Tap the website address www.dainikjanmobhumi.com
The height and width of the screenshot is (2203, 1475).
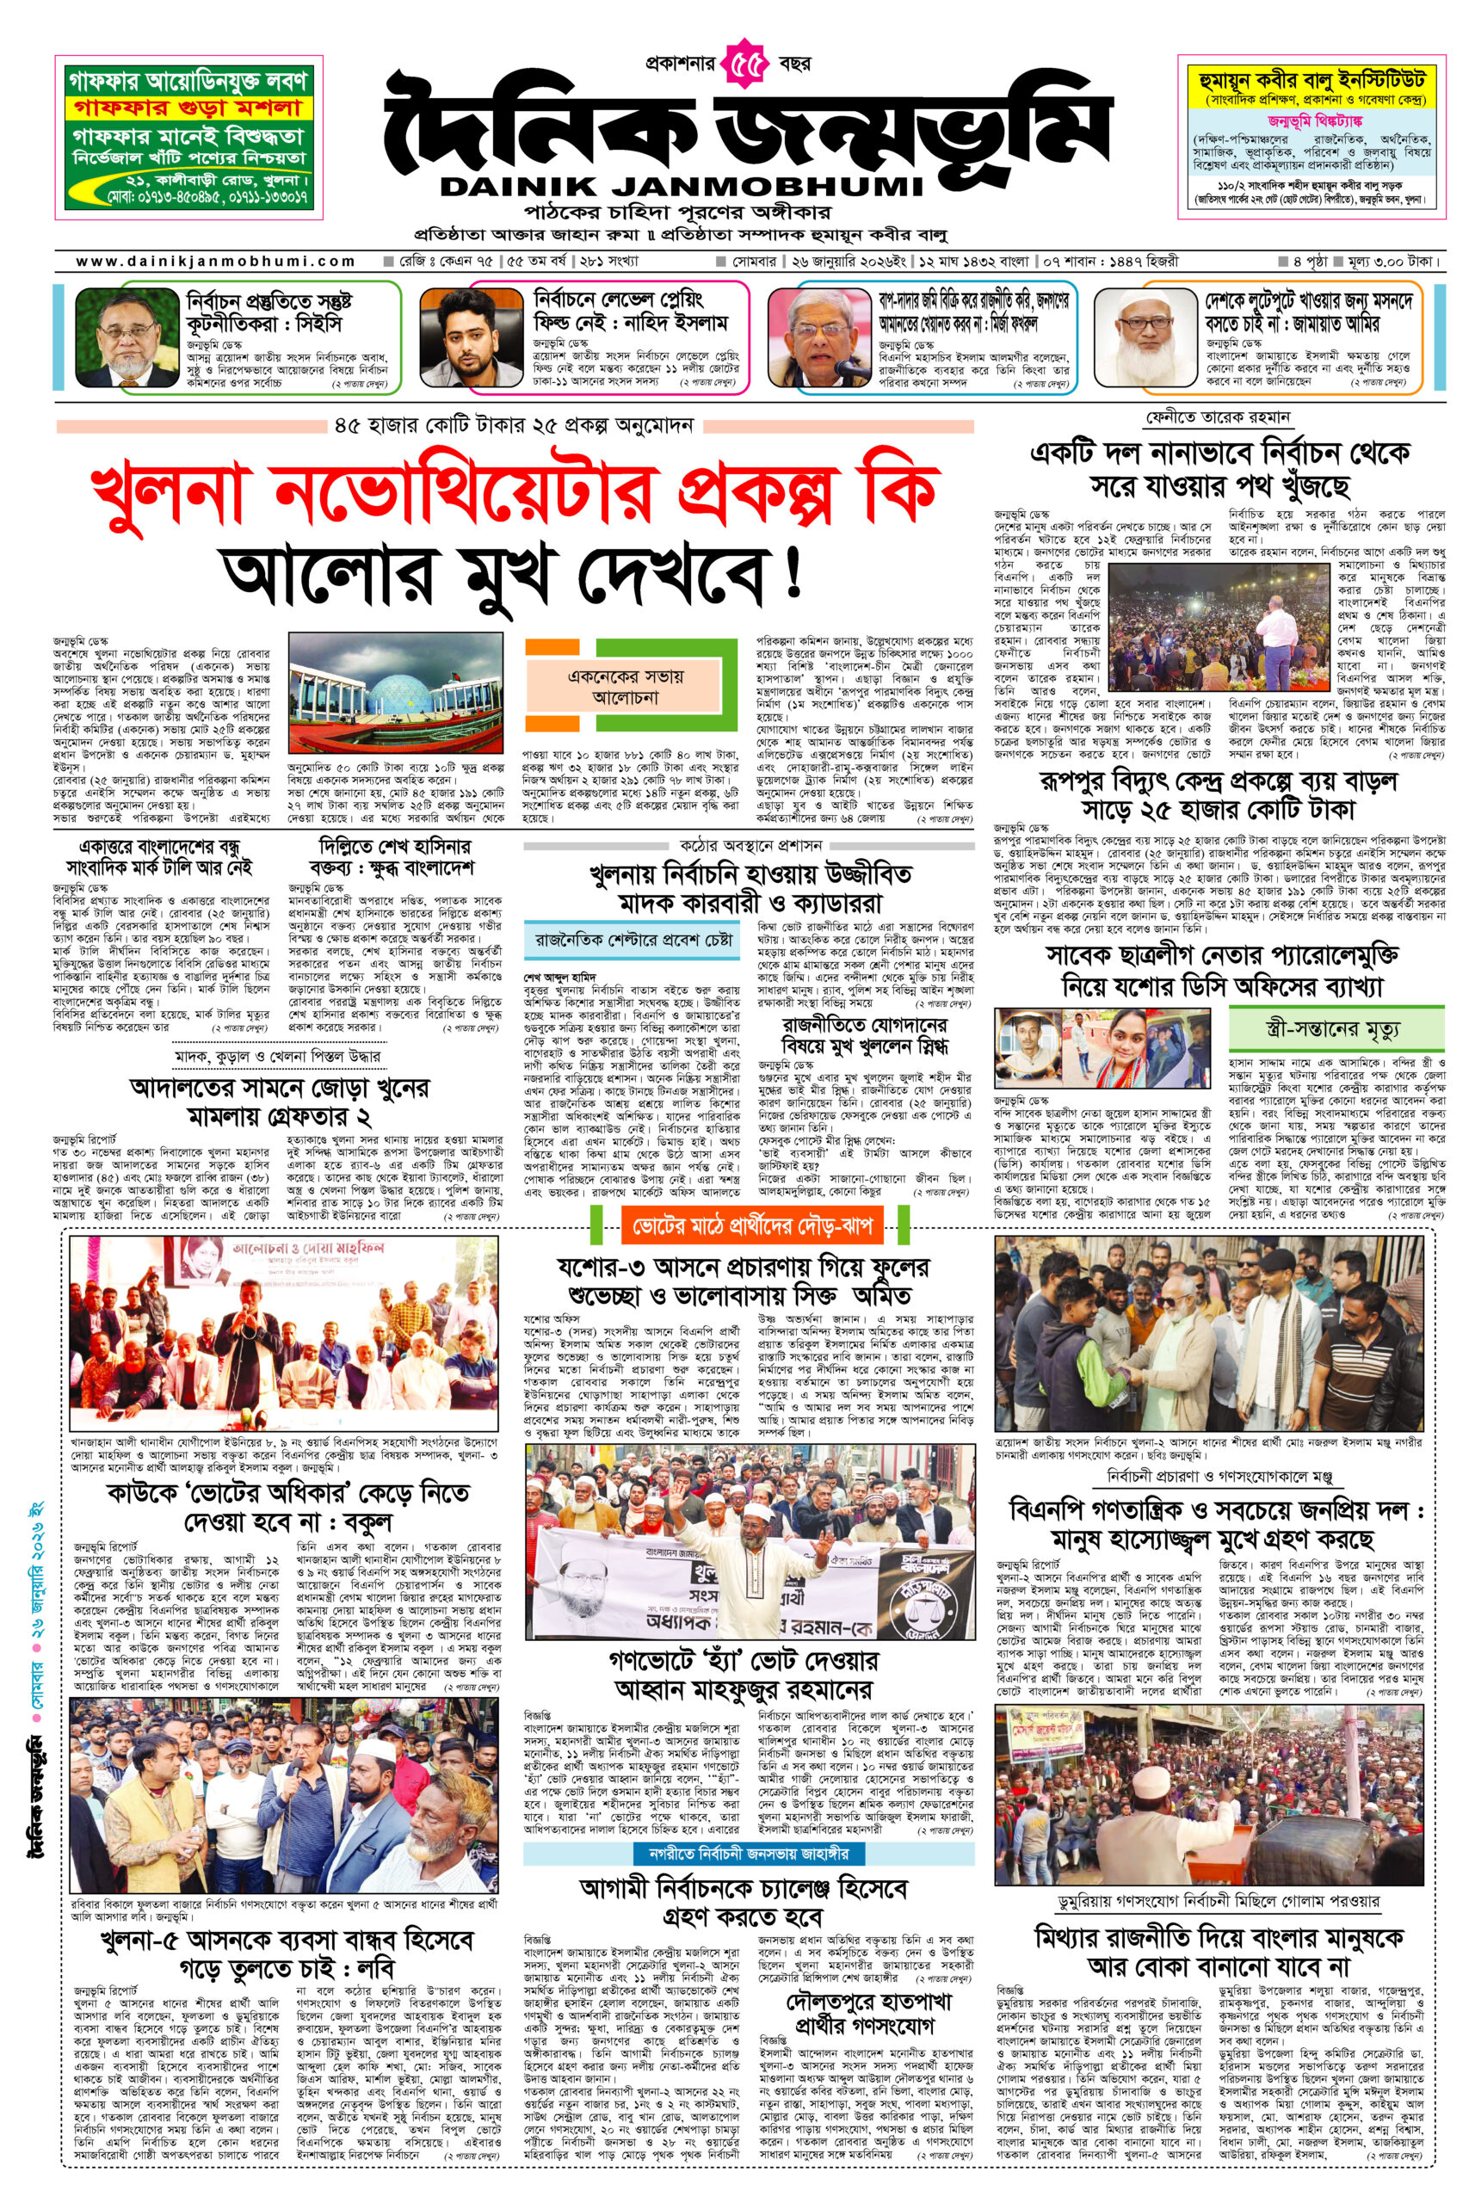215,262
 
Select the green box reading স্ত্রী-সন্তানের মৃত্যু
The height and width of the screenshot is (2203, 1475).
1336,1028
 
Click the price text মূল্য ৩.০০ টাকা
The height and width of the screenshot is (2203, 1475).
1393,262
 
